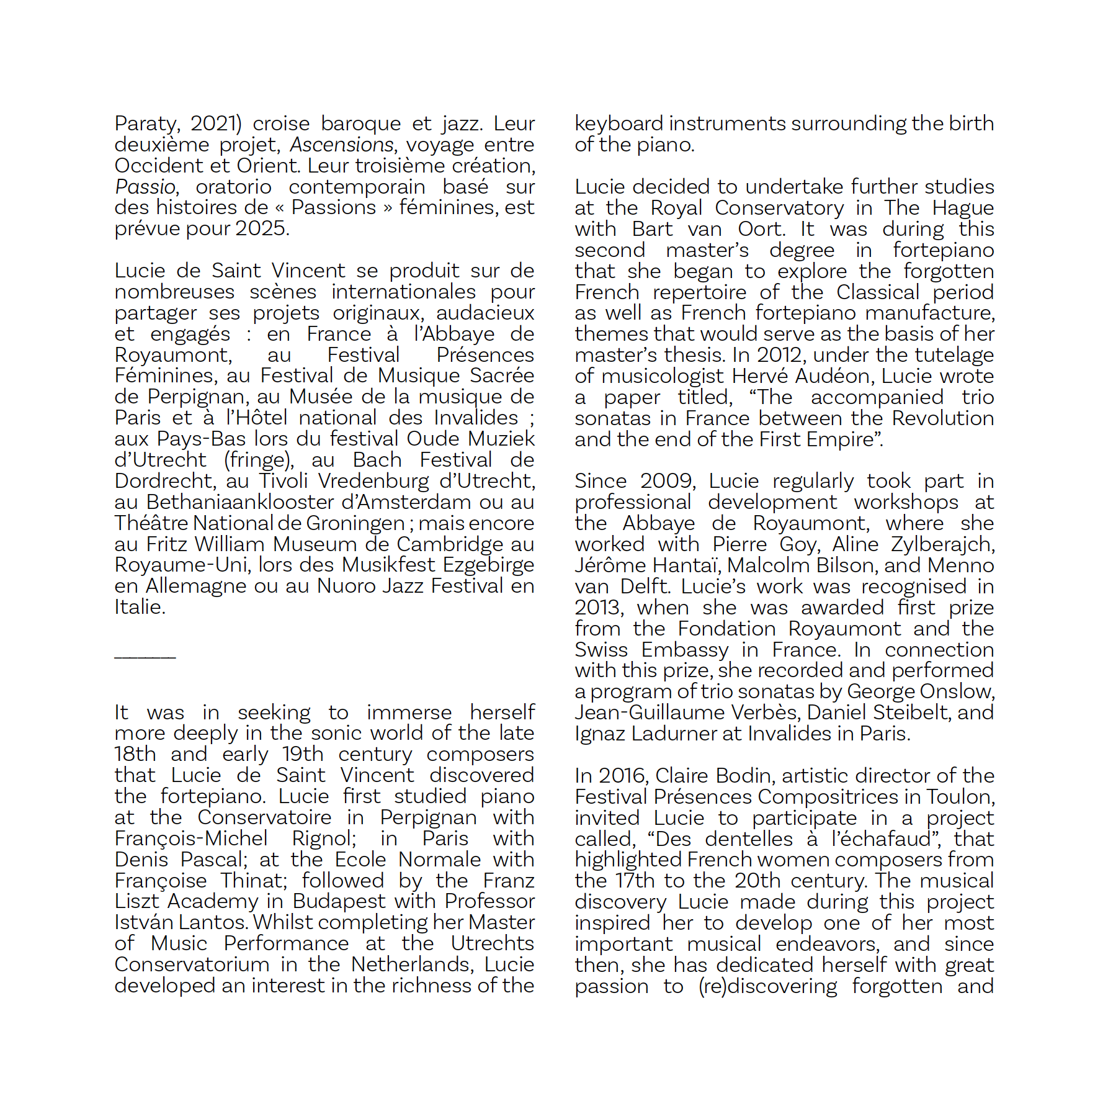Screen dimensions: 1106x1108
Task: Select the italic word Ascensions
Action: (x=341, y=145)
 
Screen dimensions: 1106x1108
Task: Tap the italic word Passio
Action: (x=145, y=187)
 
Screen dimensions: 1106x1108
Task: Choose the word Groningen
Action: (x=355, y=524)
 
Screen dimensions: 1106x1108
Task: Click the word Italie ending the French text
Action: (x=139, y=608)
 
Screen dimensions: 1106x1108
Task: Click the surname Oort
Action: (x=761, y=230)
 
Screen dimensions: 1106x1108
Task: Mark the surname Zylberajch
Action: (x=942, y=545)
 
